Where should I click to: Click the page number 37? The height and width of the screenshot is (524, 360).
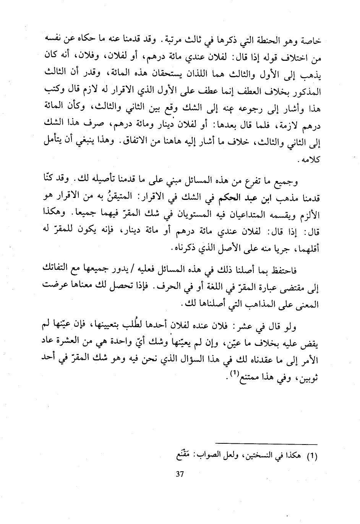pyautogui.click(x=180, y=474)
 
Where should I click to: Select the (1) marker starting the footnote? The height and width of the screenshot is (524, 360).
pyautogui.click(x=313, y=456)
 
